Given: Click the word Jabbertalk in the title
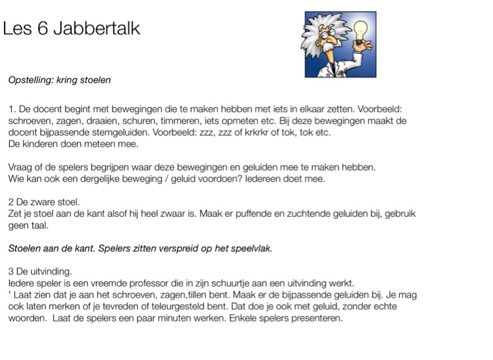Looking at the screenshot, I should [98, 30].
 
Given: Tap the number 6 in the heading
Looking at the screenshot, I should [43, 30].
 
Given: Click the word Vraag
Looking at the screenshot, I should [21, 167].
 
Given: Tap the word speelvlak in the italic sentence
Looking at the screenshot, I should [249, 249].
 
